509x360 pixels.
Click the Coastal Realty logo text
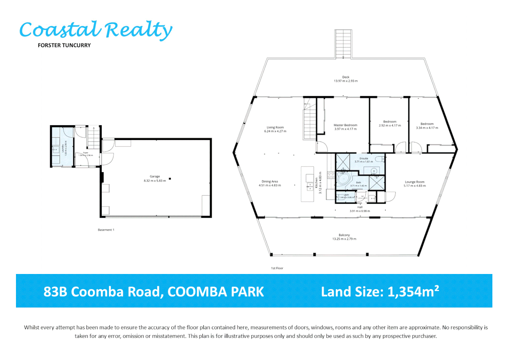(96, 30)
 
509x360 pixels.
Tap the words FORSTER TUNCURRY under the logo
(64, 45)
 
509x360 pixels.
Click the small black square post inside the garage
(170, 179)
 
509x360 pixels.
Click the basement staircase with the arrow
(94, 138)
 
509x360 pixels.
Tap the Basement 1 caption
(106, 230)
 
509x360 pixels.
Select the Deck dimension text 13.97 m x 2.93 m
(346, 81)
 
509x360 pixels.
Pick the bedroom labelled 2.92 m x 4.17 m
(390, 124)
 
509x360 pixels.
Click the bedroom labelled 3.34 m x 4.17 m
(427, 126)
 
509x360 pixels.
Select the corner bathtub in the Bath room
(343, 180)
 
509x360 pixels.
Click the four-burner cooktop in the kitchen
(331, 175)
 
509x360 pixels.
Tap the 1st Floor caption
(277, 268)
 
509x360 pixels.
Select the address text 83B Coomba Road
(103, 292)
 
